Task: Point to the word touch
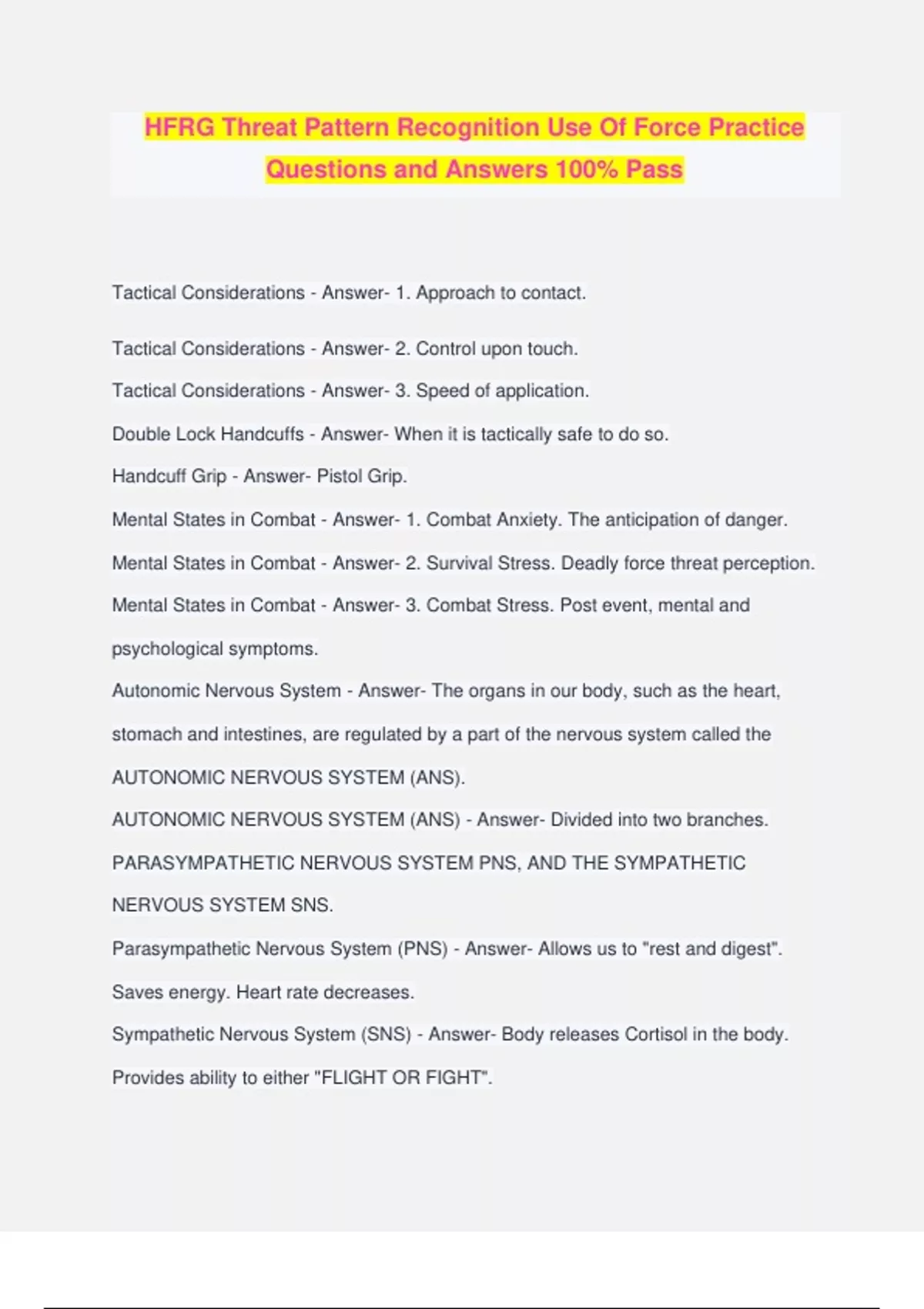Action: [x=551, y=349]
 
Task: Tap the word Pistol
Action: [x=340, y=477]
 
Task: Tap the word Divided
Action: [x=581, y=820]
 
